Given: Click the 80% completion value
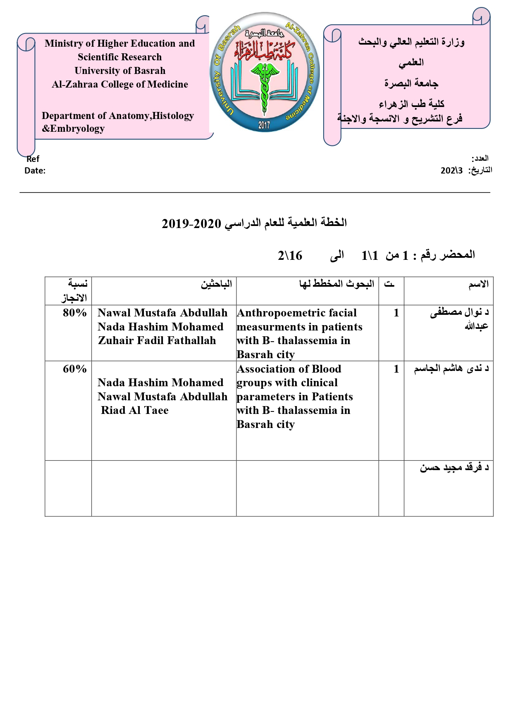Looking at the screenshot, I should click(x=74, y=313).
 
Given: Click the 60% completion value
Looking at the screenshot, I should click(x=74, y=369).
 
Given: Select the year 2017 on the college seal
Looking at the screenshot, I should click(x=264, y=125).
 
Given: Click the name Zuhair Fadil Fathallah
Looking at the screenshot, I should click(x=157, y=340).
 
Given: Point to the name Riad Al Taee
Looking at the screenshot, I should click(x=135, y=410).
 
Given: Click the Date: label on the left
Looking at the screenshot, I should click(x=35, y=171).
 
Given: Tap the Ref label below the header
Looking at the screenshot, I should click(x=33, y=159).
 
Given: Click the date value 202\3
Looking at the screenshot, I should click(x=451, y=170).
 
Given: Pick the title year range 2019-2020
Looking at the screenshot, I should click(x=191, y=223).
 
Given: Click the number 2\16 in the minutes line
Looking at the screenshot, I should click(x=290, y=256).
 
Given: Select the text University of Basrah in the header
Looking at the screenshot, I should click(x=120, y=71).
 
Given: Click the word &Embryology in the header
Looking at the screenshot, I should click(x=73, y=128).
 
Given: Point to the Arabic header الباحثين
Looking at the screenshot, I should click(x=216, y=284).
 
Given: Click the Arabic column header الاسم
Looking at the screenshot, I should click(x=478, y=284).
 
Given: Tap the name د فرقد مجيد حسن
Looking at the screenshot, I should click(x=454, y=467).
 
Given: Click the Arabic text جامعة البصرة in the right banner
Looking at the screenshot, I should click(x=411, y=83).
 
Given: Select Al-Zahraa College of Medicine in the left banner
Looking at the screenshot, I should click(x=120, y=84).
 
